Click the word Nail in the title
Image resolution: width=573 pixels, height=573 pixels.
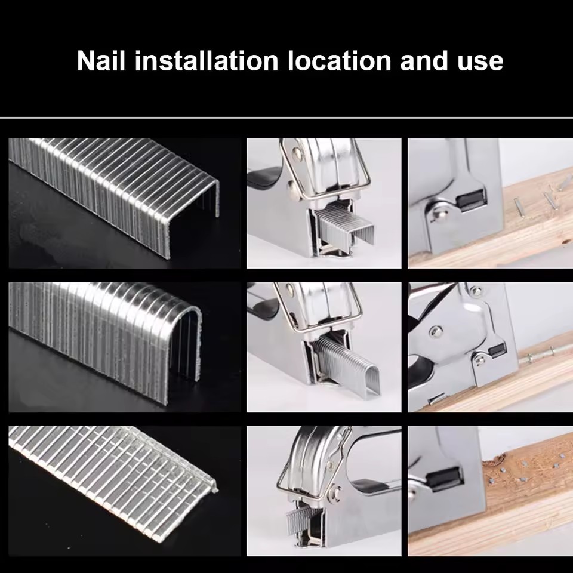tap(101, 60)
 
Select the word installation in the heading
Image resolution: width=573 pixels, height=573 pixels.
tap(207, 60)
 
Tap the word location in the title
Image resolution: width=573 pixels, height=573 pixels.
tap(340, 60)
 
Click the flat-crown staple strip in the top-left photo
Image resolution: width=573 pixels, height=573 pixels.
tap(114, 193)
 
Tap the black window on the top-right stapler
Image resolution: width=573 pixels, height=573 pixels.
tap(472, 201)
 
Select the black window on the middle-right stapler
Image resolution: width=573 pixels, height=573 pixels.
tap(497, 350)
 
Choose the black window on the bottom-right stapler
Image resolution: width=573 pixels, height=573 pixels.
tap(444, 479)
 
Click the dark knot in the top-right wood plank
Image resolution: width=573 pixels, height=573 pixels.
tap(567, 242)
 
